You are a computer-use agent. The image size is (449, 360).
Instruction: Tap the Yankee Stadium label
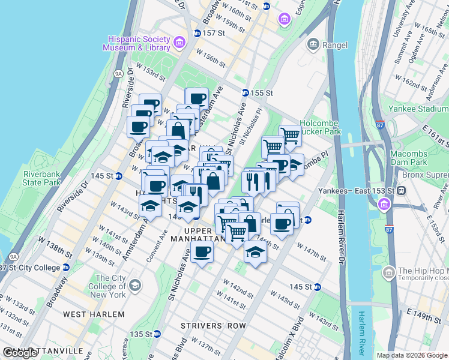(426, 109)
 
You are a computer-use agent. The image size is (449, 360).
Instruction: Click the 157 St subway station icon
(197, 32)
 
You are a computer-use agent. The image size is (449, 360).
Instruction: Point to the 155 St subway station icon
(246, 93)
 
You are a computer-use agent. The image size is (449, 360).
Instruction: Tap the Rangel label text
(336, 44)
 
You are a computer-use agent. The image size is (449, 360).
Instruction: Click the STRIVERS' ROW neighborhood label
(214, 326)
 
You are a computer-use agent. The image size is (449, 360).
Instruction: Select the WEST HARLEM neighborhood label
(85, 314)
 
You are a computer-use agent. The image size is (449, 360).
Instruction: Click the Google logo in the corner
(20, 353)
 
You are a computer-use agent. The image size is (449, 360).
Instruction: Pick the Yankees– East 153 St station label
(367, 190)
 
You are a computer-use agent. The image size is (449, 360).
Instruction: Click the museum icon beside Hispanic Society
(178, 43)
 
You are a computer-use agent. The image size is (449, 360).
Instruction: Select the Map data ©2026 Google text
(412, 355)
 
